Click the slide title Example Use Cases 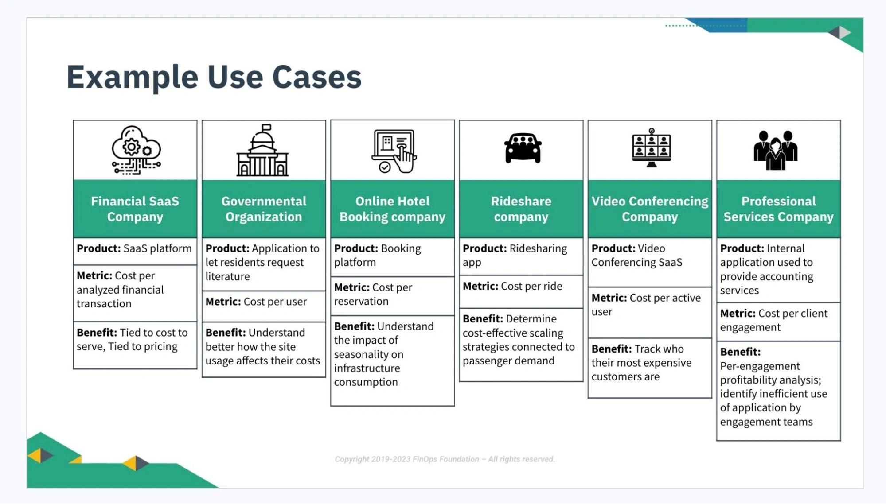click(x=214, y=77)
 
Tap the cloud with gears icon click(x=135, y=150)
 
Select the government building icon click(x=263, y=151)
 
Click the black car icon click(x=523, y=148)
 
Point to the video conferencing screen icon click(x=651, y=148)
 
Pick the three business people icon click(x=775, y=150)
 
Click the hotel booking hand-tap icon click(x=394, y=151)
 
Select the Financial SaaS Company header click(x=135, y=209)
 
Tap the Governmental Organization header click(x=264, y=209)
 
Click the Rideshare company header click(x=521, y=209)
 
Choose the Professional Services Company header click(x=778, y=209)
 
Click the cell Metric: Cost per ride click(x=521, y=291)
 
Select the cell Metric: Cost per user click(x=264, y=306)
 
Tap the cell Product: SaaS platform click(x=135, y=251)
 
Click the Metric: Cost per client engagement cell click(x=778, y=321)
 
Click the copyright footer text click(x=445, y=459)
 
